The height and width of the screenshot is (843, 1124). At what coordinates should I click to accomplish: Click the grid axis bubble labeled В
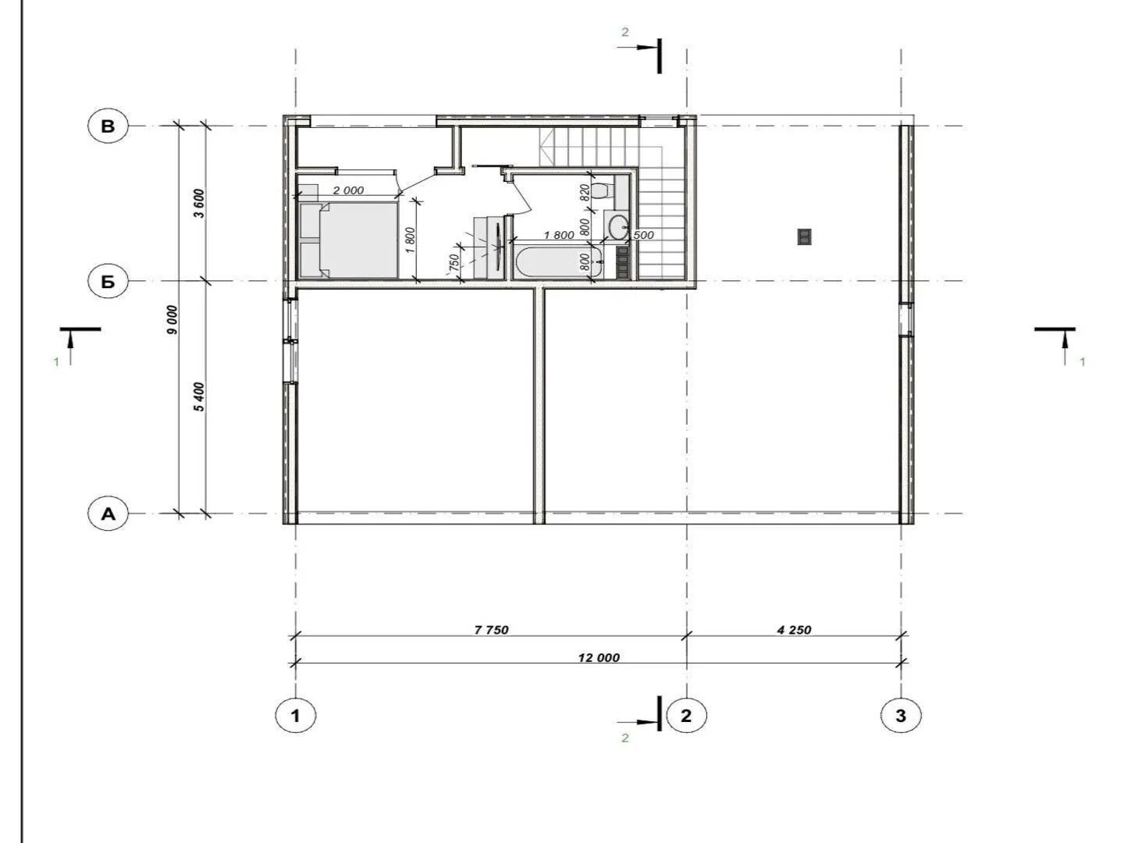tap(108, 126)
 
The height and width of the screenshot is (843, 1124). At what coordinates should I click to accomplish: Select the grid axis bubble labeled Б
tap(108, 282)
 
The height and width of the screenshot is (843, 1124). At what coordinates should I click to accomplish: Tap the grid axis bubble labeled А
tap(108, 514)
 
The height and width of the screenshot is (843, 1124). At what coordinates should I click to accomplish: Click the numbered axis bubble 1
tap(296, 715)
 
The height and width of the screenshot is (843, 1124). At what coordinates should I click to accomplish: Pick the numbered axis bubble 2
tap(686, 715)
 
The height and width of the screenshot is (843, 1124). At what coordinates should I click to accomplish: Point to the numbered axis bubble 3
tap(901, 715)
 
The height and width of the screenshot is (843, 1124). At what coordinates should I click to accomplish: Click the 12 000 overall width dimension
tap(599, 658)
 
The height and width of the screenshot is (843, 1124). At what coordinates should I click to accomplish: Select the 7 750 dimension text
tap(491, 630)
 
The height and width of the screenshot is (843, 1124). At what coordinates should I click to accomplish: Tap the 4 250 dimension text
tap(794, 630)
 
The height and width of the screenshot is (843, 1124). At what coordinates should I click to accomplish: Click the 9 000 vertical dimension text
tap(172, 320)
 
